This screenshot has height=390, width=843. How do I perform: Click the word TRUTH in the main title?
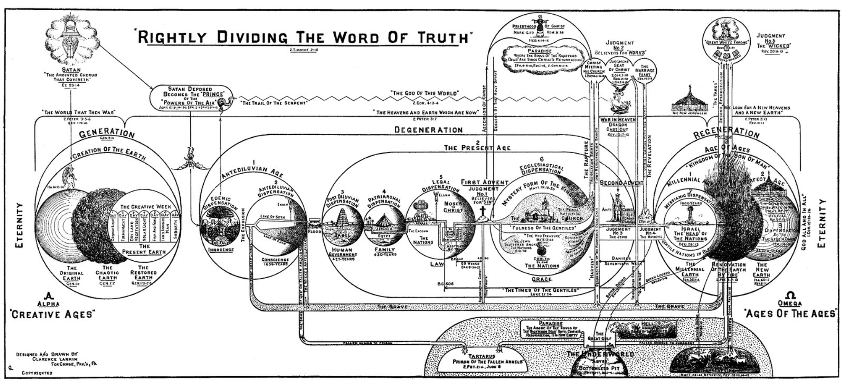pos(442,37)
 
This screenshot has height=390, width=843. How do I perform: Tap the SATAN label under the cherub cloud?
pos(71,70)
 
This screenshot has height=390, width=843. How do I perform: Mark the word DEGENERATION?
pos(428,130)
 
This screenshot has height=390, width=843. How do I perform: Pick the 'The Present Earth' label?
pos(144,249)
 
